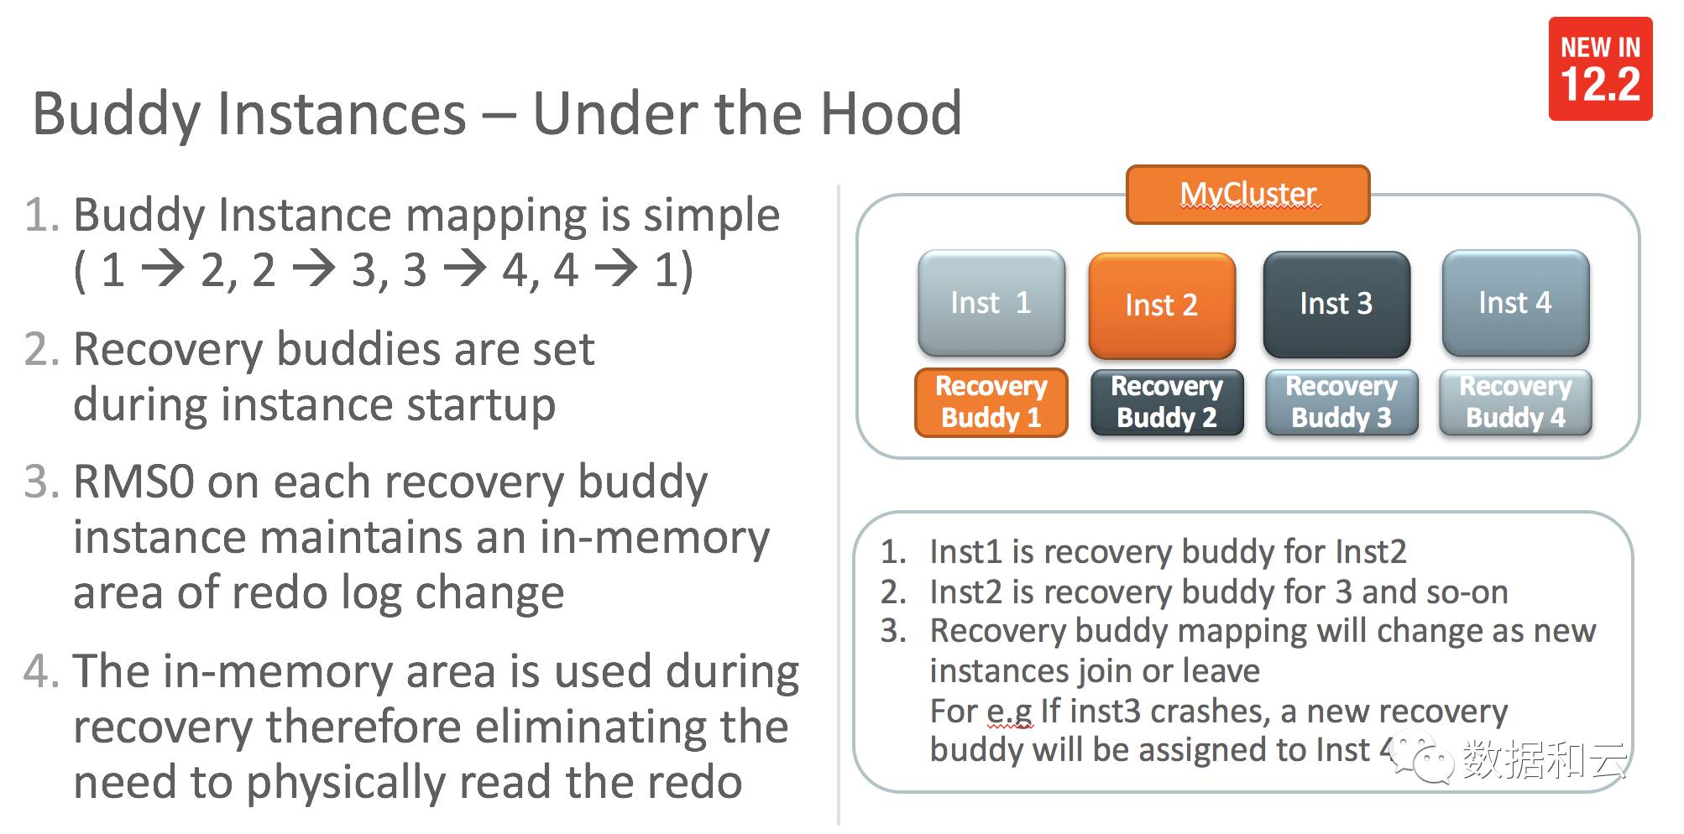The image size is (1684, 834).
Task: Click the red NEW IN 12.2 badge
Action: pyautogui.click(x=1599, y=69)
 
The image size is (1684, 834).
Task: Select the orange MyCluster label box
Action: pyautogui.click(x=1247, y=195)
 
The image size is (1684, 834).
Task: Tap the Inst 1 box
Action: pyautogui.click(x=991, y=303)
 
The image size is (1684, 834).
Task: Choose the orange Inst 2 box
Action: pyautogui.click(x=1162, y=305)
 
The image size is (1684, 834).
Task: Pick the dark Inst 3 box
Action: pyautogui.click(x=1336, y=304)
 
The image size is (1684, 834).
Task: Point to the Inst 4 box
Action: pyautogui.click(x=1515, y=303)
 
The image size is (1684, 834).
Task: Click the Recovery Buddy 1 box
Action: pyautogui.click(x=991, y=402)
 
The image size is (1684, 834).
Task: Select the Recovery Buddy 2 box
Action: pyautogui.click(x=1167, y=402)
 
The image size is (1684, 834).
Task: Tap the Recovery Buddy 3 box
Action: pyautogui.click(x=1341, y=402)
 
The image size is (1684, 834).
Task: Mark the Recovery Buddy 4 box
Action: pyautogui.click(x=1515, y=402)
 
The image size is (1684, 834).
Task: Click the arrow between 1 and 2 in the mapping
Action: pyautogui.click(x=163, y=270)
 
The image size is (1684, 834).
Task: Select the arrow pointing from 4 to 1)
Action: pyautogui.click(x=616, y=270)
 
